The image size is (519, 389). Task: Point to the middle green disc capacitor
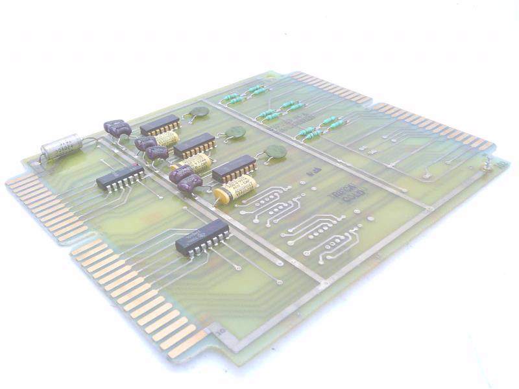click(x=234, y=134)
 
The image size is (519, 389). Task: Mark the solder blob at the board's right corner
click(x=485, y=167)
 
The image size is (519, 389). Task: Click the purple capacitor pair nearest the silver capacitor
click(x=117, y=129)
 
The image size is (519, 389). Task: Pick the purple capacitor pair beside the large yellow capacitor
click(x=185, y=179)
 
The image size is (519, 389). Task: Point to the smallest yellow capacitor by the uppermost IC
click(x=167, y=139)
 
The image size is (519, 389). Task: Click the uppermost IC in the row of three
click(x=160, y=124)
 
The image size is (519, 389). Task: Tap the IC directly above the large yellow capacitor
click(x=234, y=169)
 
